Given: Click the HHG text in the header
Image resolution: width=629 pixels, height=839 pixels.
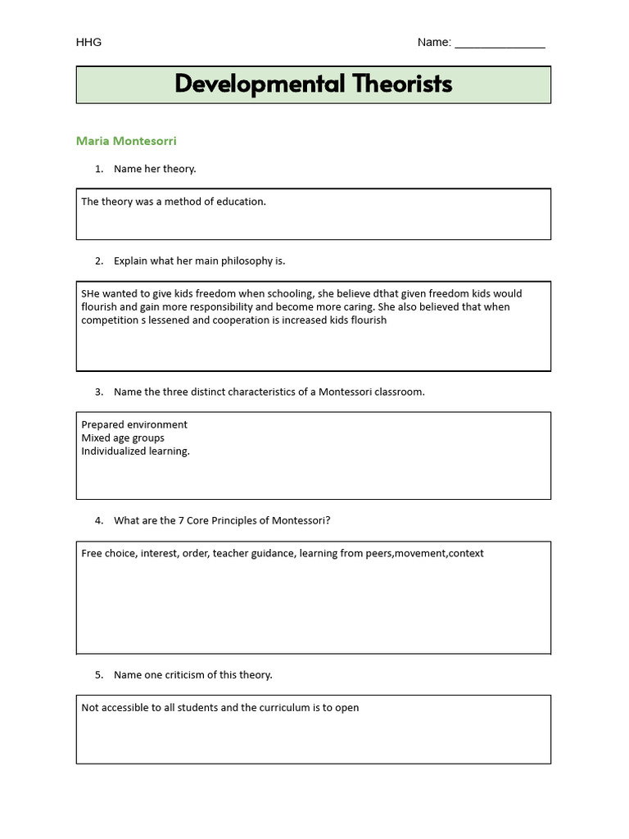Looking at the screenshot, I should click(x=88, y=43).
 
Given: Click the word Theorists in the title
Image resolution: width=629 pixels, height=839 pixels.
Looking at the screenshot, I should click(x=402, y=84).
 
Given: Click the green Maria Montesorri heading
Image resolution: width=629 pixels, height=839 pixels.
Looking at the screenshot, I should click(x=126, y=141).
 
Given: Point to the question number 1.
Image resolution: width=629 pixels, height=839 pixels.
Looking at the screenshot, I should click(x=98, y=169).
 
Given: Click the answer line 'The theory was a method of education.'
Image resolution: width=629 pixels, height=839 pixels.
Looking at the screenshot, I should click(x=174, y=202).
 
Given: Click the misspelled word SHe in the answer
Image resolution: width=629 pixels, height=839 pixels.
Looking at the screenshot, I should click(x=90, y=293).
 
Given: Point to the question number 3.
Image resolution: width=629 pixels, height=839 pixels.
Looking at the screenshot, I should click(x=98, y=392).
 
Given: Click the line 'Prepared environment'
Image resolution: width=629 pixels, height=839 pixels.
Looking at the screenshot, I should click(x=134, y=424).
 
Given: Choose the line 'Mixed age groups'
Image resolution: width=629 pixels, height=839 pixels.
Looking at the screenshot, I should click(x=123, y=438).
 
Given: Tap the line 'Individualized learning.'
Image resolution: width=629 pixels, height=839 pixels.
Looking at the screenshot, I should click(x=135, y=451).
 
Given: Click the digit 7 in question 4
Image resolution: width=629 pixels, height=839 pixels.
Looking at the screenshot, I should click(x=181, y=520).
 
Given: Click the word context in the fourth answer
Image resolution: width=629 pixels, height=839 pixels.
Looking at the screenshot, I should click(x=466, y=553).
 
